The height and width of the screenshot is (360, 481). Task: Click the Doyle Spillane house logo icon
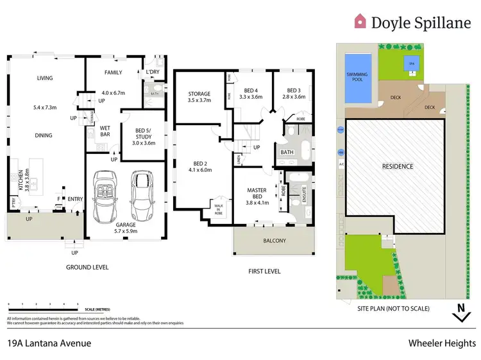point(360,22)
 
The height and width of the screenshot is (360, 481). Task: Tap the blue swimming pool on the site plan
point(357,78)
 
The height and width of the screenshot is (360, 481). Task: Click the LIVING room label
point(44,78)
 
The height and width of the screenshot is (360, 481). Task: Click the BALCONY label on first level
point(274,241)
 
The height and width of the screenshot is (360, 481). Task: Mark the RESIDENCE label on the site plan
point(398,166)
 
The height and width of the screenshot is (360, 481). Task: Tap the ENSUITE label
point(303,193)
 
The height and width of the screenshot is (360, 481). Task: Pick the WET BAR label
point(105,131)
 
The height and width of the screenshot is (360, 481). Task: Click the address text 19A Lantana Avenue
point(49,343)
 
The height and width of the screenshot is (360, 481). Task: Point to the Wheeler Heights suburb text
point(442,343)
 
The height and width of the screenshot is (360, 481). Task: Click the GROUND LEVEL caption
point(87,267)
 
